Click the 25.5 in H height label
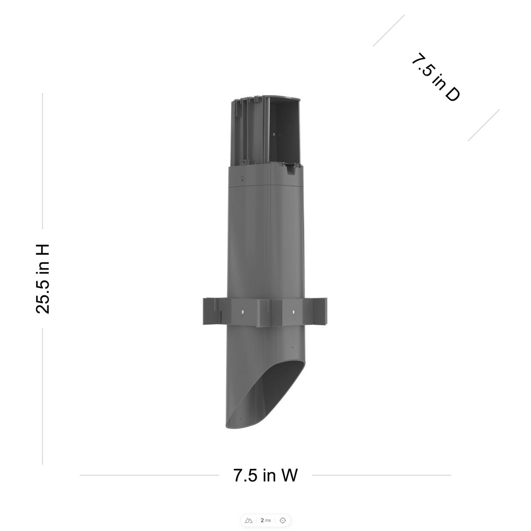(42, 279)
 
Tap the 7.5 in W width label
(265, 475)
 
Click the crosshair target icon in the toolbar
(283, 520)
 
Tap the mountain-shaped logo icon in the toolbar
(249, 520)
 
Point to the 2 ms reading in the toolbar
(265, 520)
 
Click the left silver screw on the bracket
(242, 312)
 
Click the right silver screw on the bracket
(293, 312)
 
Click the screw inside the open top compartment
(275, 133)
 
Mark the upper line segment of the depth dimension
(389, 31)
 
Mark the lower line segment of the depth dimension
(484, 125)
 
